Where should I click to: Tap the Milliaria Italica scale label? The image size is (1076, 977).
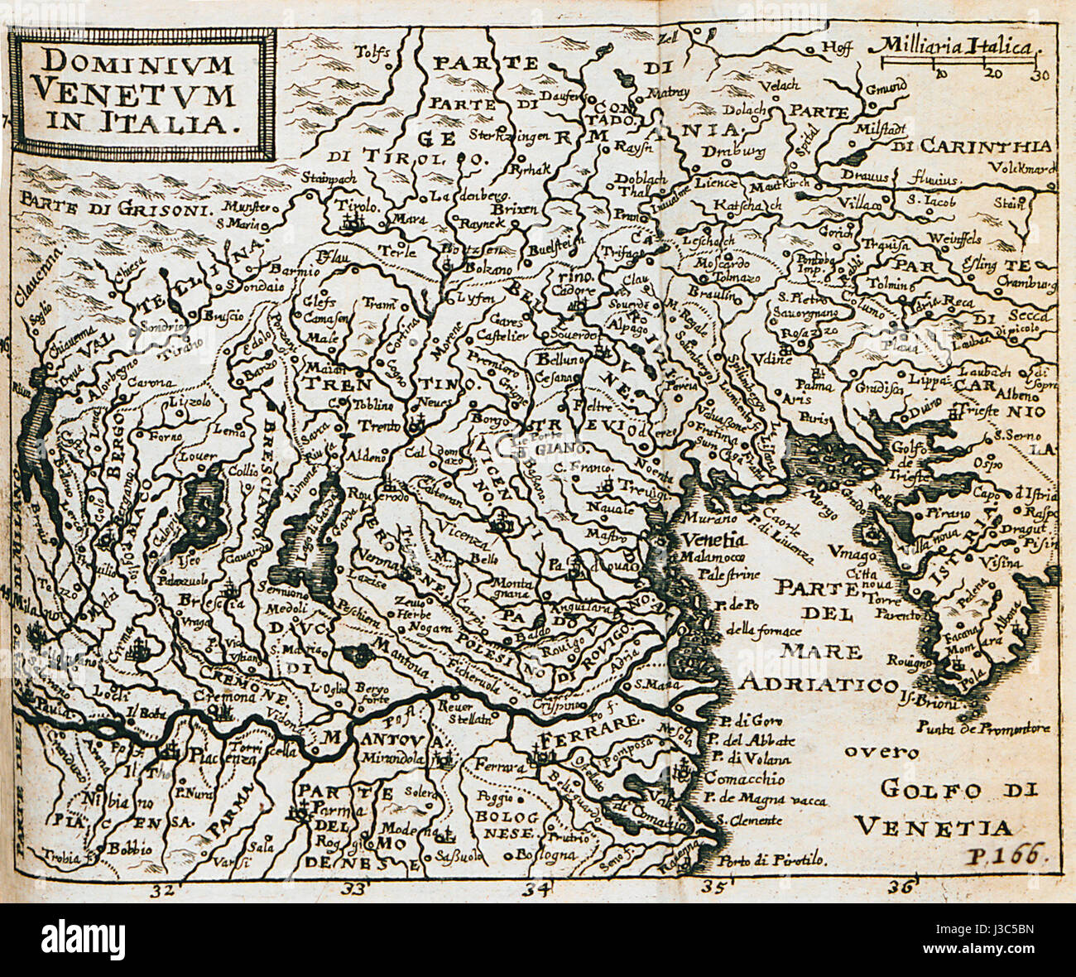953,46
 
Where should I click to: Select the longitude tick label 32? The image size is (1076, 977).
162,889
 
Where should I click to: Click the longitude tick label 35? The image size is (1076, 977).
713,889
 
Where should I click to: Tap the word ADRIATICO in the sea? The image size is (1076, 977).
819,684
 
